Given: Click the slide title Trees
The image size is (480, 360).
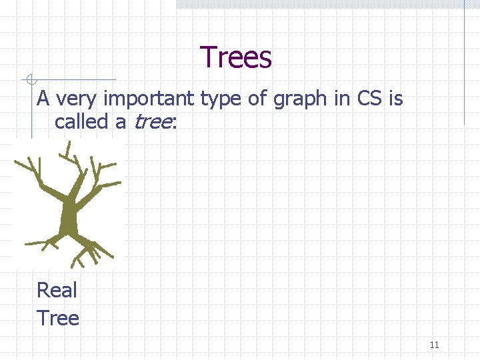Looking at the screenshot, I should (x=236, y=57).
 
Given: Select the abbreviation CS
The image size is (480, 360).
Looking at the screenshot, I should (x=369, y=99).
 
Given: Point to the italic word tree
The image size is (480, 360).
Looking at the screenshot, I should (x=153, y=122).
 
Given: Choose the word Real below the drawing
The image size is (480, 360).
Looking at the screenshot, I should (x=57, y=290).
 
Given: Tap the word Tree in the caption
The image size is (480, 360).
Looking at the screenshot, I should (x=58, y=318).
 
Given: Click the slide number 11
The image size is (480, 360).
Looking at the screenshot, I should (x=434, y=345).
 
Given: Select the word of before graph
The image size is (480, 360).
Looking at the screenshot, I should (x=259, y=99).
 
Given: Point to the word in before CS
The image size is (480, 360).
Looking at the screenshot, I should (x=343, y=99).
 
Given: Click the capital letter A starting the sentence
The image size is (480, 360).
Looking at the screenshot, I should (x=44, y=99).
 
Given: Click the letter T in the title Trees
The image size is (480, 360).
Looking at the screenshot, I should (x=209, y=57).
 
